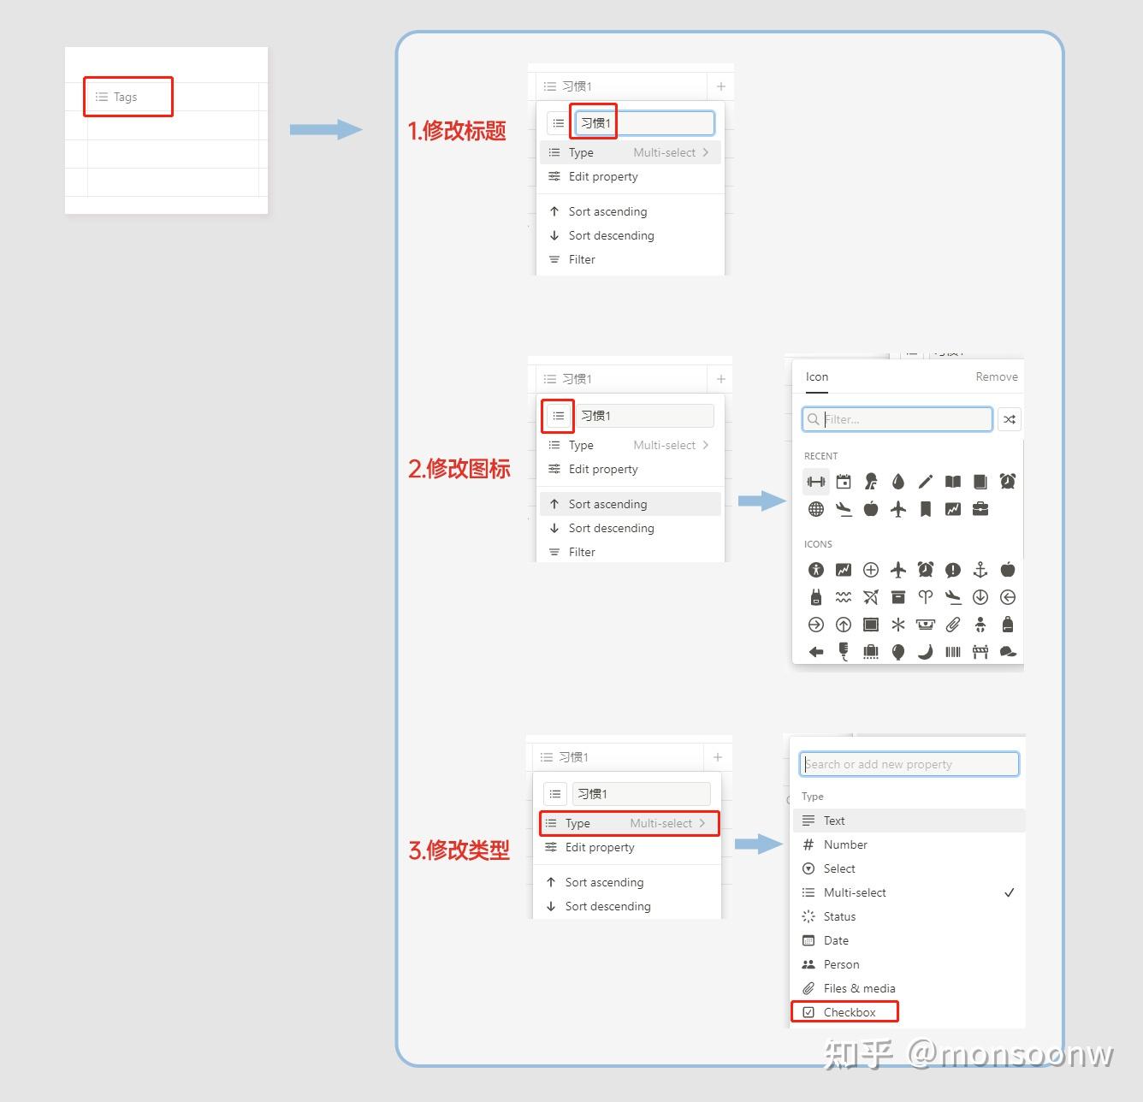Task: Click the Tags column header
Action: [x=117, y=97]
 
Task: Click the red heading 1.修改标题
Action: [x=456, y=130]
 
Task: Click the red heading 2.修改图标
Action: [x=459, y=469]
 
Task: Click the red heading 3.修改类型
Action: [x=459, y=850]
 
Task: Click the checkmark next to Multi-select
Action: [x=1009, y=892]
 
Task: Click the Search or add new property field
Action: [x=909, y=764]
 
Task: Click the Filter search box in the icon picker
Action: [x=897, y=419]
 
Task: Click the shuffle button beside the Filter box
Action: [x=1009, y=419]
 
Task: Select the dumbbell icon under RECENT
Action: [x=816, y=483]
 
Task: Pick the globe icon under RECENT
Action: [x=816, y=509]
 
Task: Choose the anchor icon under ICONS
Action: [x=980, y=569]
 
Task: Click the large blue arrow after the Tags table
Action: [x=326, y=129]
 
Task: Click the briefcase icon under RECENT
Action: [x=980, y=509]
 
